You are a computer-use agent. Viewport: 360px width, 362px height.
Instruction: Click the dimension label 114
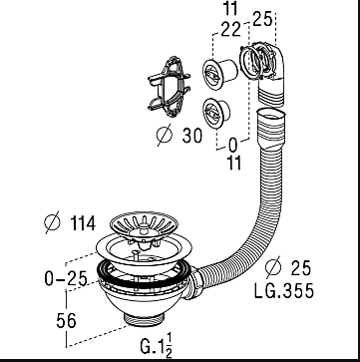[83, 223]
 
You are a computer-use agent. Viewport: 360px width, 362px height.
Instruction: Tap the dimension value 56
[66, 321]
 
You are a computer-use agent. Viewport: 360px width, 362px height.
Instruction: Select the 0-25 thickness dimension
[66, 278]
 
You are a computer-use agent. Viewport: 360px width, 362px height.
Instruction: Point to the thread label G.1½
[157, 346]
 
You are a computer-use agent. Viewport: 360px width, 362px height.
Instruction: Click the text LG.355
[284, 291]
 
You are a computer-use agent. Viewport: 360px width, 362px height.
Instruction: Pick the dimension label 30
[191, 136]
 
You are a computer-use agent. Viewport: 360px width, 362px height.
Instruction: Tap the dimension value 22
[230, 30]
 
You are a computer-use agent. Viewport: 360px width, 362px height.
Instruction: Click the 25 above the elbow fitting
[262, 19]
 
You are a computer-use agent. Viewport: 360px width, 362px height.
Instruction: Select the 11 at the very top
[230, 8]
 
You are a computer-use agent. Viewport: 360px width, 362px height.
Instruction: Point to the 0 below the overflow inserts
[233, 146]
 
